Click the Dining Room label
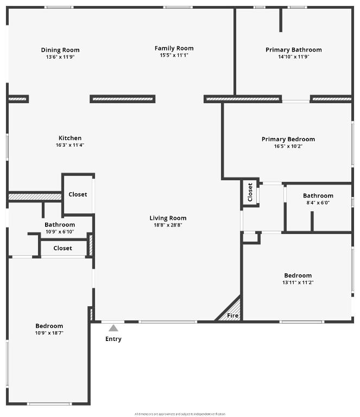tap(60, 50)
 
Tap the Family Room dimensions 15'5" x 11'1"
tap(174, 55)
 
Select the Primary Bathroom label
tap(293, 50)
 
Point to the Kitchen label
tap(70, 138)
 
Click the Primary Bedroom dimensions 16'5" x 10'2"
tap(288, 146)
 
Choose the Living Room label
tap(168, 218)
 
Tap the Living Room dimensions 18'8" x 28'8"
tap(168, 225)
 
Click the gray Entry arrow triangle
tap(113, 328)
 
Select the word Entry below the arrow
tap(113, 339)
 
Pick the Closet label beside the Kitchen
tap(78, 194)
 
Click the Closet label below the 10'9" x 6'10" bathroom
tap(62, 248)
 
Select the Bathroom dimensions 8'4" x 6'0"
tap(318, 203)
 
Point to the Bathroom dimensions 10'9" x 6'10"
tap(60, 231)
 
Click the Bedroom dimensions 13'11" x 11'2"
tap(298, 282)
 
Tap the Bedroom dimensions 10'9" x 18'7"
tap(49, 333)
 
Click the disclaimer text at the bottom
tap(179, 413)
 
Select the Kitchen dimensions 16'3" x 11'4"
tap(70, 145)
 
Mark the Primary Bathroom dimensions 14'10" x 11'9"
tap(293, 56)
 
